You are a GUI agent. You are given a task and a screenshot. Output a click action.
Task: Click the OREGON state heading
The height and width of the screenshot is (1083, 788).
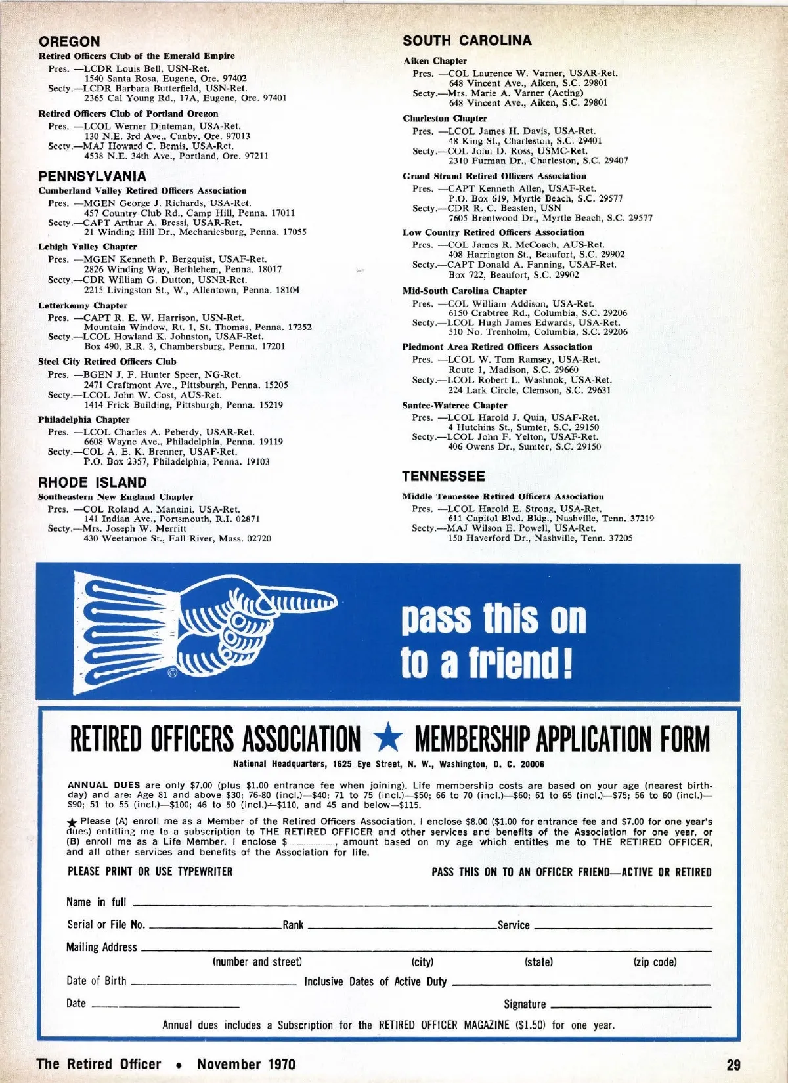69,42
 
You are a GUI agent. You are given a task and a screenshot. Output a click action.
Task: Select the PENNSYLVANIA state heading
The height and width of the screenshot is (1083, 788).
92,176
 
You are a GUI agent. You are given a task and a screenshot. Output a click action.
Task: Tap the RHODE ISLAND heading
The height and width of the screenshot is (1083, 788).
92,482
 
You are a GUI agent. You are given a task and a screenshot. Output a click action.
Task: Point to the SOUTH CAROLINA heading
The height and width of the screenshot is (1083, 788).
467,41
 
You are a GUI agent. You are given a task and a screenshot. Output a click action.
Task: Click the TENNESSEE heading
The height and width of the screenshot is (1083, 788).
443,476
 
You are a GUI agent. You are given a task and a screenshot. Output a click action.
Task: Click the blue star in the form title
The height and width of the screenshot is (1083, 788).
387,739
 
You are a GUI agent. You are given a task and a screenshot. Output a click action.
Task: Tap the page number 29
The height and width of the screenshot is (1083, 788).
733,1065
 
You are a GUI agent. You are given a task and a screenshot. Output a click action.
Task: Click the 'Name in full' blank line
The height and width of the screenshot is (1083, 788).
420,905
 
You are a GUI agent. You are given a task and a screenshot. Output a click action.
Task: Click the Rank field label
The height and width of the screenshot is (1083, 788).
293,925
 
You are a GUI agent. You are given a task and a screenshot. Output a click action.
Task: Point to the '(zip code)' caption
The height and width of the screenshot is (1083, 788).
655,962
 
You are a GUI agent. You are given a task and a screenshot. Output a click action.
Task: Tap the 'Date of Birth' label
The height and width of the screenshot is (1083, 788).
96,981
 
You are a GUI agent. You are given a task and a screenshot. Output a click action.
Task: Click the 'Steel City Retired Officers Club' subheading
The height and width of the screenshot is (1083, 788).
107,362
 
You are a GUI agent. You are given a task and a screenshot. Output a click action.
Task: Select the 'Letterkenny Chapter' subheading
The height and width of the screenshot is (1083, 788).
83,305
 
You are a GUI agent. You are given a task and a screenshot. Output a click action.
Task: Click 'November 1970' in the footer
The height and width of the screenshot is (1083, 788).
246,1065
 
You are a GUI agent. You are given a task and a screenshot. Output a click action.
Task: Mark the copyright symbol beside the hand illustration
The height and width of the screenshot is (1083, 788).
173,671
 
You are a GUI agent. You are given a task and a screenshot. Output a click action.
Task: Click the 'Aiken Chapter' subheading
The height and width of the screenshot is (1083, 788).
435,61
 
